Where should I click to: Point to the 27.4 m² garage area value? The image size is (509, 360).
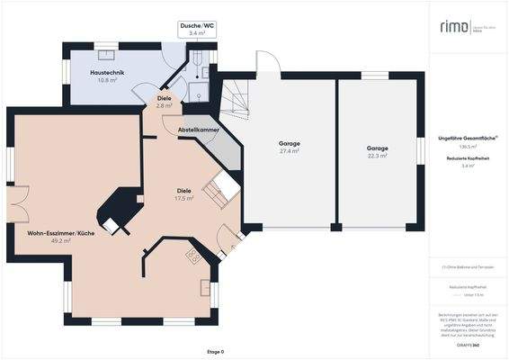click(x=289, y=152)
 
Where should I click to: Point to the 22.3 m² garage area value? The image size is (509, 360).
click(x=377, y=156)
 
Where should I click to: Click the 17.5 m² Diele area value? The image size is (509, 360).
click(x=184, y=198)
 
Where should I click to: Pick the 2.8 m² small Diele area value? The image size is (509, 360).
click(x=164, y=106)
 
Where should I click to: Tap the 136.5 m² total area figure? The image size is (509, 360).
click(x=467, y=146)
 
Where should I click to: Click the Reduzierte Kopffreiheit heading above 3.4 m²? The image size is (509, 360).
click(x=467, y=158)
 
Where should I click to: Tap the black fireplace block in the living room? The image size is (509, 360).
click(x=116, y=210)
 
